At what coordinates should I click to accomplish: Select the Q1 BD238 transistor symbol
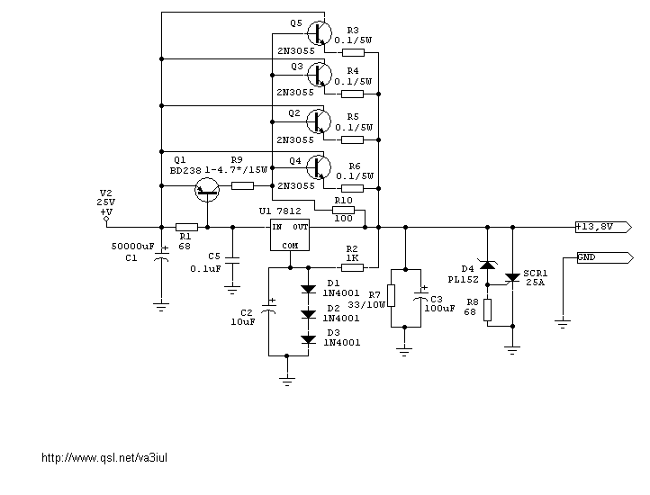pyautogui.click(x=208, y=187)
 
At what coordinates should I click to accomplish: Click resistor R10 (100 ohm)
pyautogui.click(x=343, y=211)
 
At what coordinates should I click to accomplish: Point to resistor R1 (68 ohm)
pyautogui.click(x=186, y=228)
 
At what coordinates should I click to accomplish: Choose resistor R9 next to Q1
pyautogui.click(x=242, y=186)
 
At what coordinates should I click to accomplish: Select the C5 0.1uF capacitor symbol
pyautogui.click(x=232, y=259)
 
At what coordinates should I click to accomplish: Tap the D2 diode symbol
pyautogui.click(x=309, y=313)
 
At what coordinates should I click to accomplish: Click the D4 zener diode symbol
pyautogui.click(x=487, y=265)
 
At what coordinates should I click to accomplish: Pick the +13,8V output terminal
pyautogui.click(x=605, y=227)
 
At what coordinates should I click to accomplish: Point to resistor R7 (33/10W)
pyautogui.click(x=392, y=298)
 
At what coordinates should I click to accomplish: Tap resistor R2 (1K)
pyautogui.click(x=353, y=267)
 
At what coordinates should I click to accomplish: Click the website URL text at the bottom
pyautogui.click(x=105, y=458)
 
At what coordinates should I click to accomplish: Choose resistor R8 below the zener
pyautogui.click(x=487, y=310)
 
